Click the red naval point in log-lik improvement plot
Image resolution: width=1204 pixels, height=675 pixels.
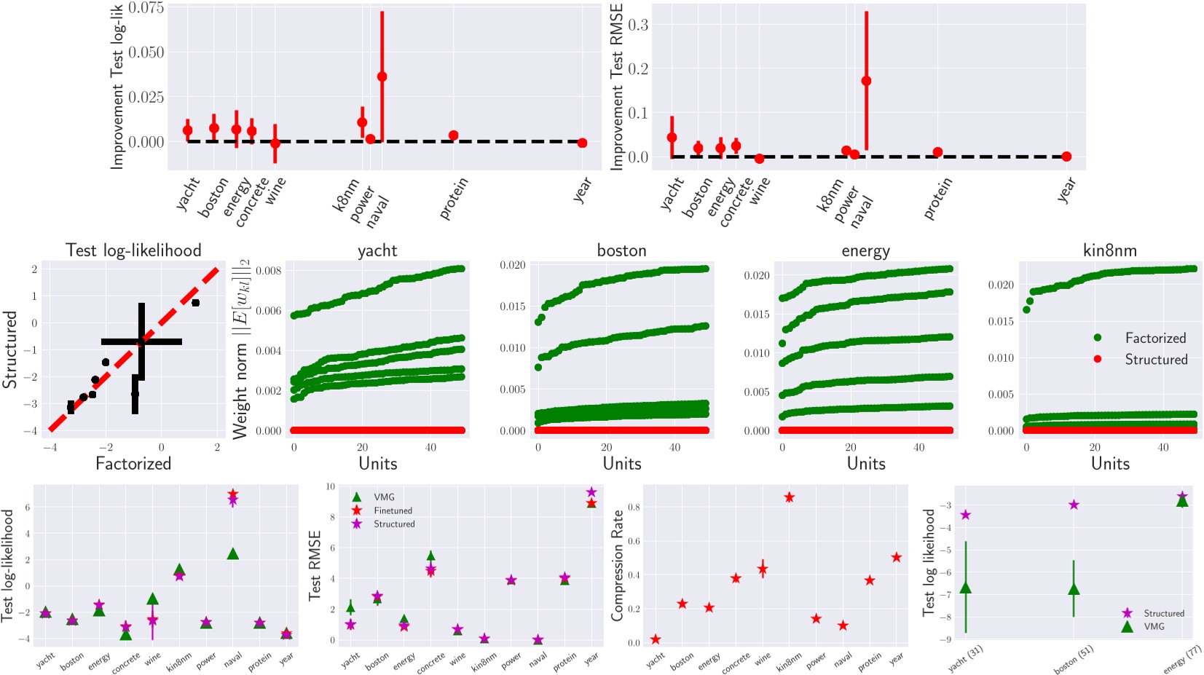point(382,76)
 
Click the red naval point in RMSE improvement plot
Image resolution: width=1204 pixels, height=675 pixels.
point(866,81)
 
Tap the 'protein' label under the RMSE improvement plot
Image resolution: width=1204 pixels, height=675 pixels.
point(938,199)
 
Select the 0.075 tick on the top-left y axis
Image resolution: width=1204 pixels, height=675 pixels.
point(146,8)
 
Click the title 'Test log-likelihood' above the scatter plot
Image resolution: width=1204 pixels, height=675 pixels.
point(133,250)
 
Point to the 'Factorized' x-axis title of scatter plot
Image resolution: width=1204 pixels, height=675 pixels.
point(133,464)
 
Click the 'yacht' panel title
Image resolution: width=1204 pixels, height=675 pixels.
point(377,250)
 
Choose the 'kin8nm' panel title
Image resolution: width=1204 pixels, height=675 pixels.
point(1109,250)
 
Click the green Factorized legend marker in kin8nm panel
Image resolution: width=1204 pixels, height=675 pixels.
point(1098,338)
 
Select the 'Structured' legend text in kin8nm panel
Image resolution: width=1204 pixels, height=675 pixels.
point(1156,360)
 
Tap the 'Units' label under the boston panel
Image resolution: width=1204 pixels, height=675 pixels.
point(621,464)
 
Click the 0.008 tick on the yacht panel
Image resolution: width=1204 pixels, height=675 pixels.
point(269,271)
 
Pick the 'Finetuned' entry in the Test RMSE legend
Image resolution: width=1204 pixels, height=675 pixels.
point(393,510)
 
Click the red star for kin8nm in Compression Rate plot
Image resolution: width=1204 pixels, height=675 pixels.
point(789,497)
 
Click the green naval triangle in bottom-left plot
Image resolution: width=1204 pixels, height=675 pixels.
point(233,554)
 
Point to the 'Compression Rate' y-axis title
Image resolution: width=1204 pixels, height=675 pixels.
point(617,565)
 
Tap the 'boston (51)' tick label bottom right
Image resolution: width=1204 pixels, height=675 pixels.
point(1074,659)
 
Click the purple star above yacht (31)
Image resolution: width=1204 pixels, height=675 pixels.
point(966,515)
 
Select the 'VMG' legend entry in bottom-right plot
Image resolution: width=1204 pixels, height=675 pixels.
point(1154,626)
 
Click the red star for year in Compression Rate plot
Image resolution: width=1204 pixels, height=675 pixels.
point(896,557)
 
